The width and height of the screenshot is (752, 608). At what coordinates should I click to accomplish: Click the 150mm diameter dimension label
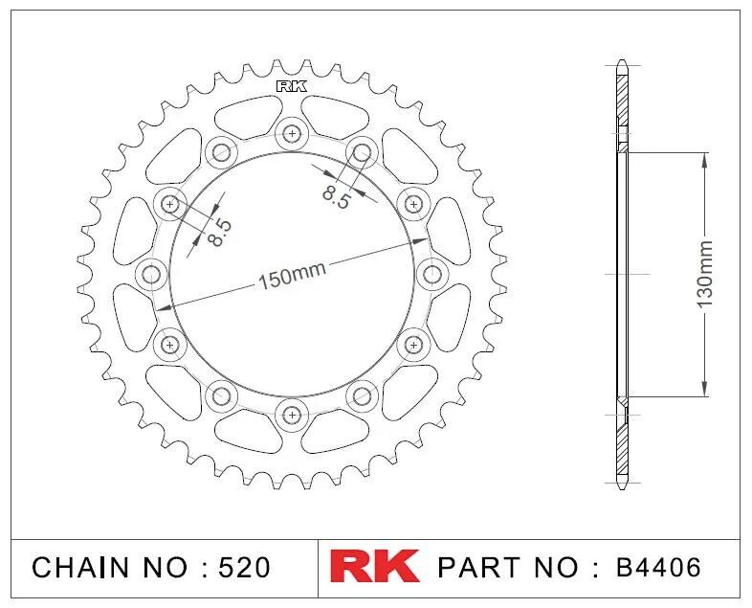click(x=292, y=277)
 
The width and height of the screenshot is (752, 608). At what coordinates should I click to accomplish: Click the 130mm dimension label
click(x=705, y=275)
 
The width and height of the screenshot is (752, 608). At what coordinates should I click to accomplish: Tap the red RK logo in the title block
click(x=374, y=567)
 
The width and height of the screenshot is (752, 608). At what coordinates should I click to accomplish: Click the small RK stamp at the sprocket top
click(x=292, y=87)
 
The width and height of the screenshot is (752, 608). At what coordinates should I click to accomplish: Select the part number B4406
click(x=657, y=567)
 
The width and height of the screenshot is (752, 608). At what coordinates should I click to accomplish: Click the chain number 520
click(x=244, y=568)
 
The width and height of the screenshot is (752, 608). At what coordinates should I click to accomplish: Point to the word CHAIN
click(x=80, y=568)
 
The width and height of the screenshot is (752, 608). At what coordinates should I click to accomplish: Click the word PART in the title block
click(x=478, y=567)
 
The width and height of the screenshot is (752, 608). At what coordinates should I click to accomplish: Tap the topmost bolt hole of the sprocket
click(x=292, y=133)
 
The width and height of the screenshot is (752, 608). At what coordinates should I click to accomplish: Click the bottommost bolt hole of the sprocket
click(x=292, y=415)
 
